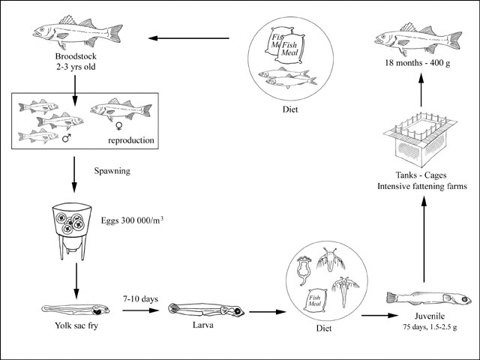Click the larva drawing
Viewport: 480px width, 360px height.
click(202, 309)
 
